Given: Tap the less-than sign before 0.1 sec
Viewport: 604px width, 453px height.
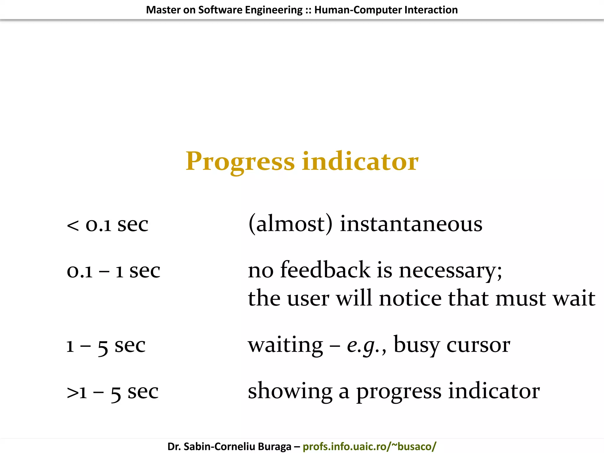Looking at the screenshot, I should click(x=73, y=226).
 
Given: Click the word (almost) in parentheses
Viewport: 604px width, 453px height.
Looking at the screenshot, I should click(x=290, y=224).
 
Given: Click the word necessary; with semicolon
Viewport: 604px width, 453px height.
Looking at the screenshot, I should click(x=450, y=271).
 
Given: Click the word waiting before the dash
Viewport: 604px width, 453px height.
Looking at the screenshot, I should click(x=285, y=345).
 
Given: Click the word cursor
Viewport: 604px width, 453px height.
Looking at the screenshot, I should click(x=478, y=345).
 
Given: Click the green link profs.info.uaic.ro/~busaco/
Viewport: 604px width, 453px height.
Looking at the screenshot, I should click(x=369, y=447).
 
